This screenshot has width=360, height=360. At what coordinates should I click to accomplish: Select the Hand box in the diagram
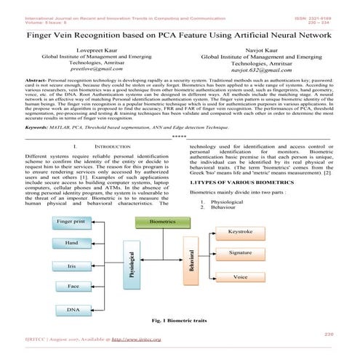pos(71,241)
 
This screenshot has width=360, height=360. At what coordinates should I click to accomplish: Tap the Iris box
pos(71,267)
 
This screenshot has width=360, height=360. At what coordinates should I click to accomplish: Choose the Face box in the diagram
pos(73,287)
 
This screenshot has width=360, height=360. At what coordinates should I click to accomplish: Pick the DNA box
pos(73,311)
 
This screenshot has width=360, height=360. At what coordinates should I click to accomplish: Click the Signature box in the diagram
pos(240,252)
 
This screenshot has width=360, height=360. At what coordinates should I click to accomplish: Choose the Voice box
pos(241,278)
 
